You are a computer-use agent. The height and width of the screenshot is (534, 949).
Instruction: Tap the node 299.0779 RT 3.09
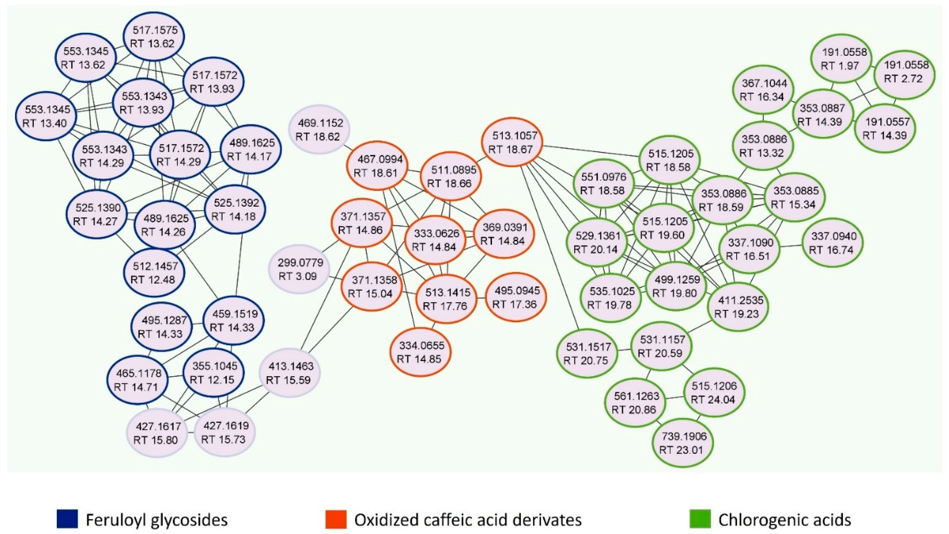click(x=300, y=269)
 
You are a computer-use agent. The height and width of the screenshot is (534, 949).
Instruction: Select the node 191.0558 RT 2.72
click(x=905, y=72)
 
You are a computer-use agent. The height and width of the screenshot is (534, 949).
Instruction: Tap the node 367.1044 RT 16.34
click(x=763, y=90)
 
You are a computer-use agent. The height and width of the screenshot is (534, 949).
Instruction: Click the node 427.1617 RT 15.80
click(x=157, y=433)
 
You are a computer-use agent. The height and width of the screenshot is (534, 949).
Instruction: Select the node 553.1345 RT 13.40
click(x=46, y=116)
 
